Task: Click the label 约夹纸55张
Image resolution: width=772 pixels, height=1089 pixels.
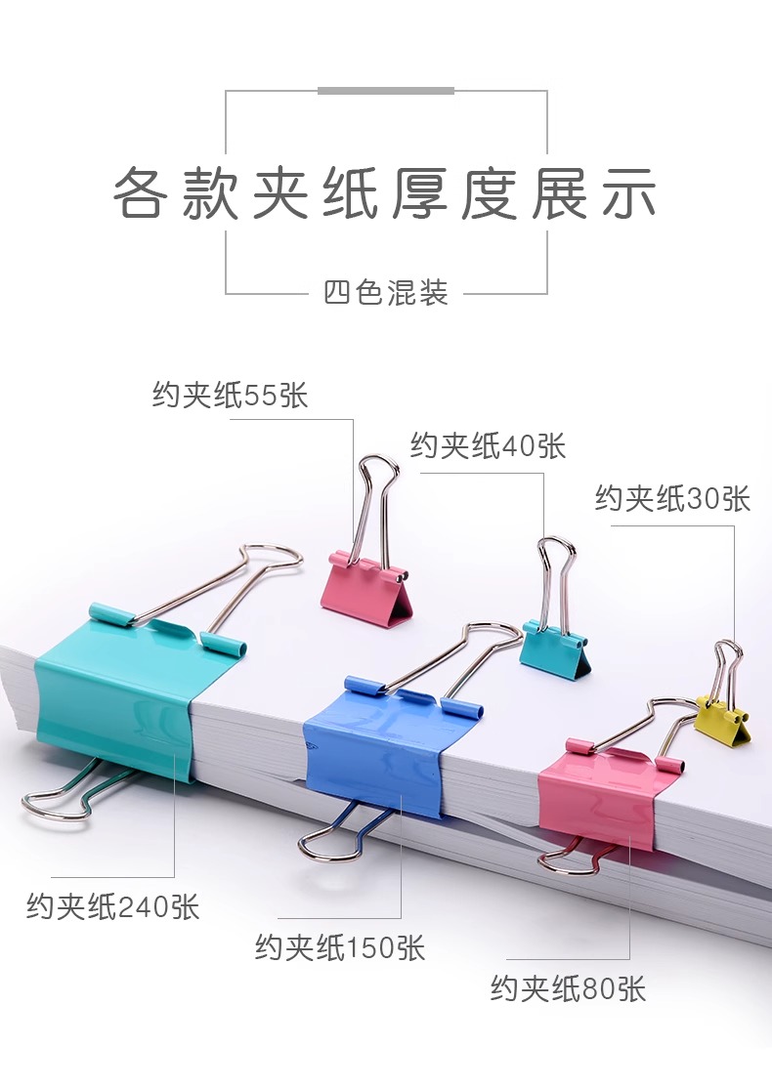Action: click(x=230, y=396)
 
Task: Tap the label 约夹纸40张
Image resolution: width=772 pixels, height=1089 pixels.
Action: click(x=488, y=446)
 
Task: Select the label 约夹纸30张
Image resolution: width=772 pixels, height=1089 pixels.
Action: click(x=672, y=499)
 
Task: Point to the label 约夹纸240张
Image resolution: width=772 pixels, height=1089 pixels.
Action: click(x=112, y=906)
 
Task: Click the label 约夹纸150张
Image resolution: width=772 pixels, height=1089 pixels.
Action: click(x=340, y=947)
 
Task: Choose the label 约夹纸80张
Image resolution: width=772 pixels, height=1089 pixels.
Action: click(x=568, y=988)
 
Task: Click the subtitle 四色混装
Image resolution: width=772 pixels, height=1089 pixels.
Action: click(x=386, y=292)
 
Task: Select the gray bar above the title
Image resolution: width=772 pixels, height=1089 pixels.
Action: click(x=386, y=91)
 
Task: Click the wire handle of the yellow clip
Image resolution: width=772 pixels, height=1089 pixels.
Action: click(x=729, y=664)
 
